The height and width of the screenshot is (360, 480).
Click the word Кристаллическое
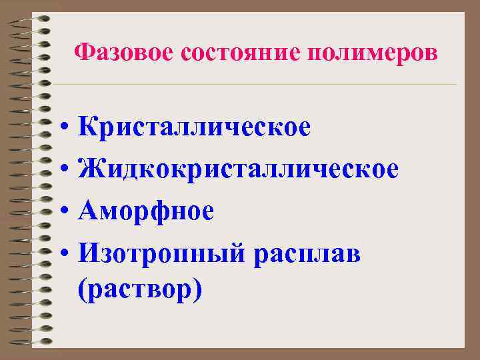(193, 127)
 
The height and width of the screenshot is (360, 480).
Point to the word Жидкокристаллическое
(238, 169)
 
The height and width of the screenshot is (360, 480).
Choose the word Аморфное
(145, 211)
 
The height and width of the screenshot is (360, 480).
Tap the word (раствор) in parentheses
(139, 291)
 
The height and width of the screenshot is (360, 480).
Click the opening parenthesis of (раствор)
(81, 291)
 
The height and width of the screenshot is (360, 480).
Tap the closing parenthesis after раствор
(197, 291)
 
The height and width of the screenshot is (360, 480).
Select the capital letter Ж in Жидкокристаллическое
(89, 169)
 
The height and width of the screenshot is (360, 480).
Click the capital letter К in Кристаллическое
(87, 127)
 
